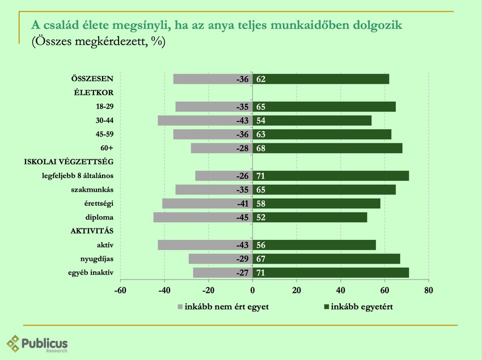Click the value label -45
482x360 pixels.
(243, 218)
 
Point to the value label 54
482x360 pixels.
(261, 121)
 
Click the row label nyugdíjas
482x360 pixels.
(98, 259)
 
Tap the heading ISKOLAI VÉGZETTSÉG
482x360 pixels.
(69, 162)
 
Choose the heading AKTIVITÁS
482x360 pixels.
(92, 231)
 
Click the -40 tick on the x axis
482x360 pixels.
(164, 290)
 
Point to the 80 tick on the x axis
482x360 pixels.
(428, 290)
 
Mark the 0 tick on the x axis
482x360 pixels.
(252, 290)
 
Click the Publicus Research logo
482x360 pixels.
(37, 344)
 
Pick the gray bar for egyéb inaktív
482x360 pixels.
(222, 273)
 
